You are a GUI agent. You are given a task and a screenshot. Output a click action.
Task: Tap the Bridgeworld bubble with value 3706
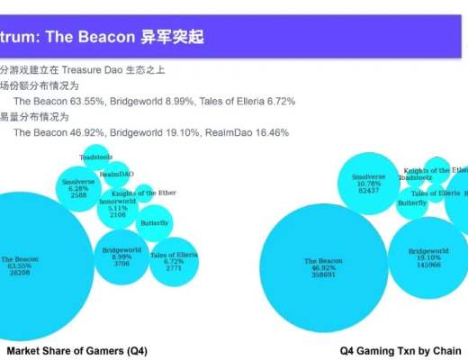point(122,256)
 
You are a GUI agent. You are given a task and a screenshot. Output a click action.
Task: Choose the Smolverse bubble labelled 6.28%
point(79,188)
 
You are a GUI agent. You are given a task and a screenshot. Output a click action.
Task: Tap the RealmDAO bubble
point(117,173)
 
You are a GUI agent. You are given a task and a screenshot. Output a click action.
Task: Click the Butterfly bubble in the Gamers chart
point(154,223)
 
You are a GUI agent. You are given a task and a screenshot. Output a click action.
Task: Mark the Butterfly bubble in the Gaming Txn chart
point(412,203)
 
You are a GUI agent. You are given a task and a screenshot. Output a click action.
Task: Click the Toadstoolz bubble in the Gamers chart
point(96,157)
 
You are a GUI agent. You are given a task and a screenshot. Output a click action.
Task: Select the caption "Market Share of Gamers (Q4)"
point(76,350)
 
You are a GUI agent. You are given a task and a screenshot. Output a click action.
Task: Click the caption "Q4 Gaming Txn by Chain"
point(400,350)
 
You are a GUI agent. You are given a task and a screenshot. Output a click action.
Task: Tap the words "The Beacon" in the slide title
point(97,39)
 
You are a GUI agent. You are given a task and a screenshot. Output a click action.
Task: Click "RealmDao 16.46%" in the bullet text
point(243,132)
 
